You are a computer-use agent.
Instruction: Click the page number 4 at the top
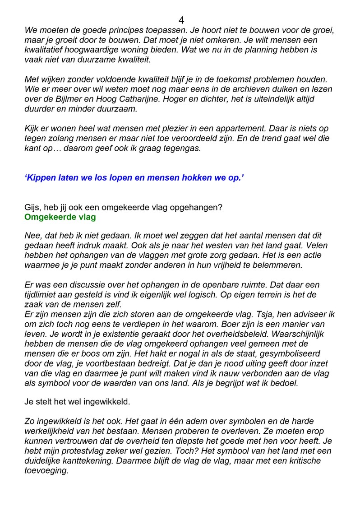(x=181, y=20)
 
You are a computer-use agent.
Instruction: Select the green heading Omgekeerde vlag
(x=60, y=217)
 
